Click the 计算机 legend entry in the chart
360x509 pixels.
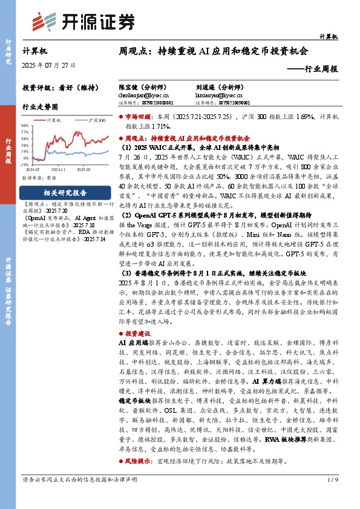53,120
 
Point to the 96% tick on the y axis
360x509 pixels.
25,126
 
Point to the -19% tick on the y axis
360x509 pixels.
25,164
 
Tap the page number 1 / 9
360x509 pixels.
332,479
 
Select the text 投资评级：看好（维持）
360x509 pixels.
53,87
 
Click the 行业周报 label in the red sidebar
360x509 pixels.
8,151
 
